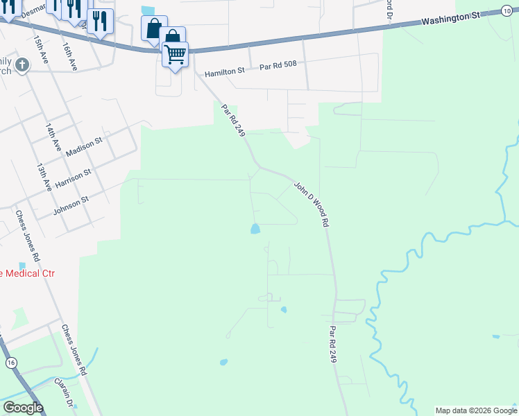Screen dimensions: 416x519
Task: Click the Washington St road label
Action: [451, 19]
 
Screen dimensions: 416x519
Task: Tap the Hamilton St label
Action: [225, 71]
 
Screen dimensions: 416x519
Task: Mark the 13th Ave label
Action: [43, 177]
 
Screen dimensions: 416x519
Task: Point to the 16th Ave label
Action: [69, 55]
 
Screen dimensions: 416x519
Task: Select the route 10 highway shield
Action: [505, 10]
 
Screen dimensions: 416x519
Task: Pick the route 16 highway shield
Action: [10, 363]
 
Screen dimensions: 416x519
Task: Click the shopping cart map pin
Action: [176, 53]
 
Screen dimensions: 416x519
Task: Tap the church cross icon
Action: [22, 66]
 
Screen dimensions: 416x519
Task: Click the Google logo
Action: [22, 408]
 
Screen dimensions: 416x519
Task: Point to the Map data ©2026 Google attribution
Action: [476, 410]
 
